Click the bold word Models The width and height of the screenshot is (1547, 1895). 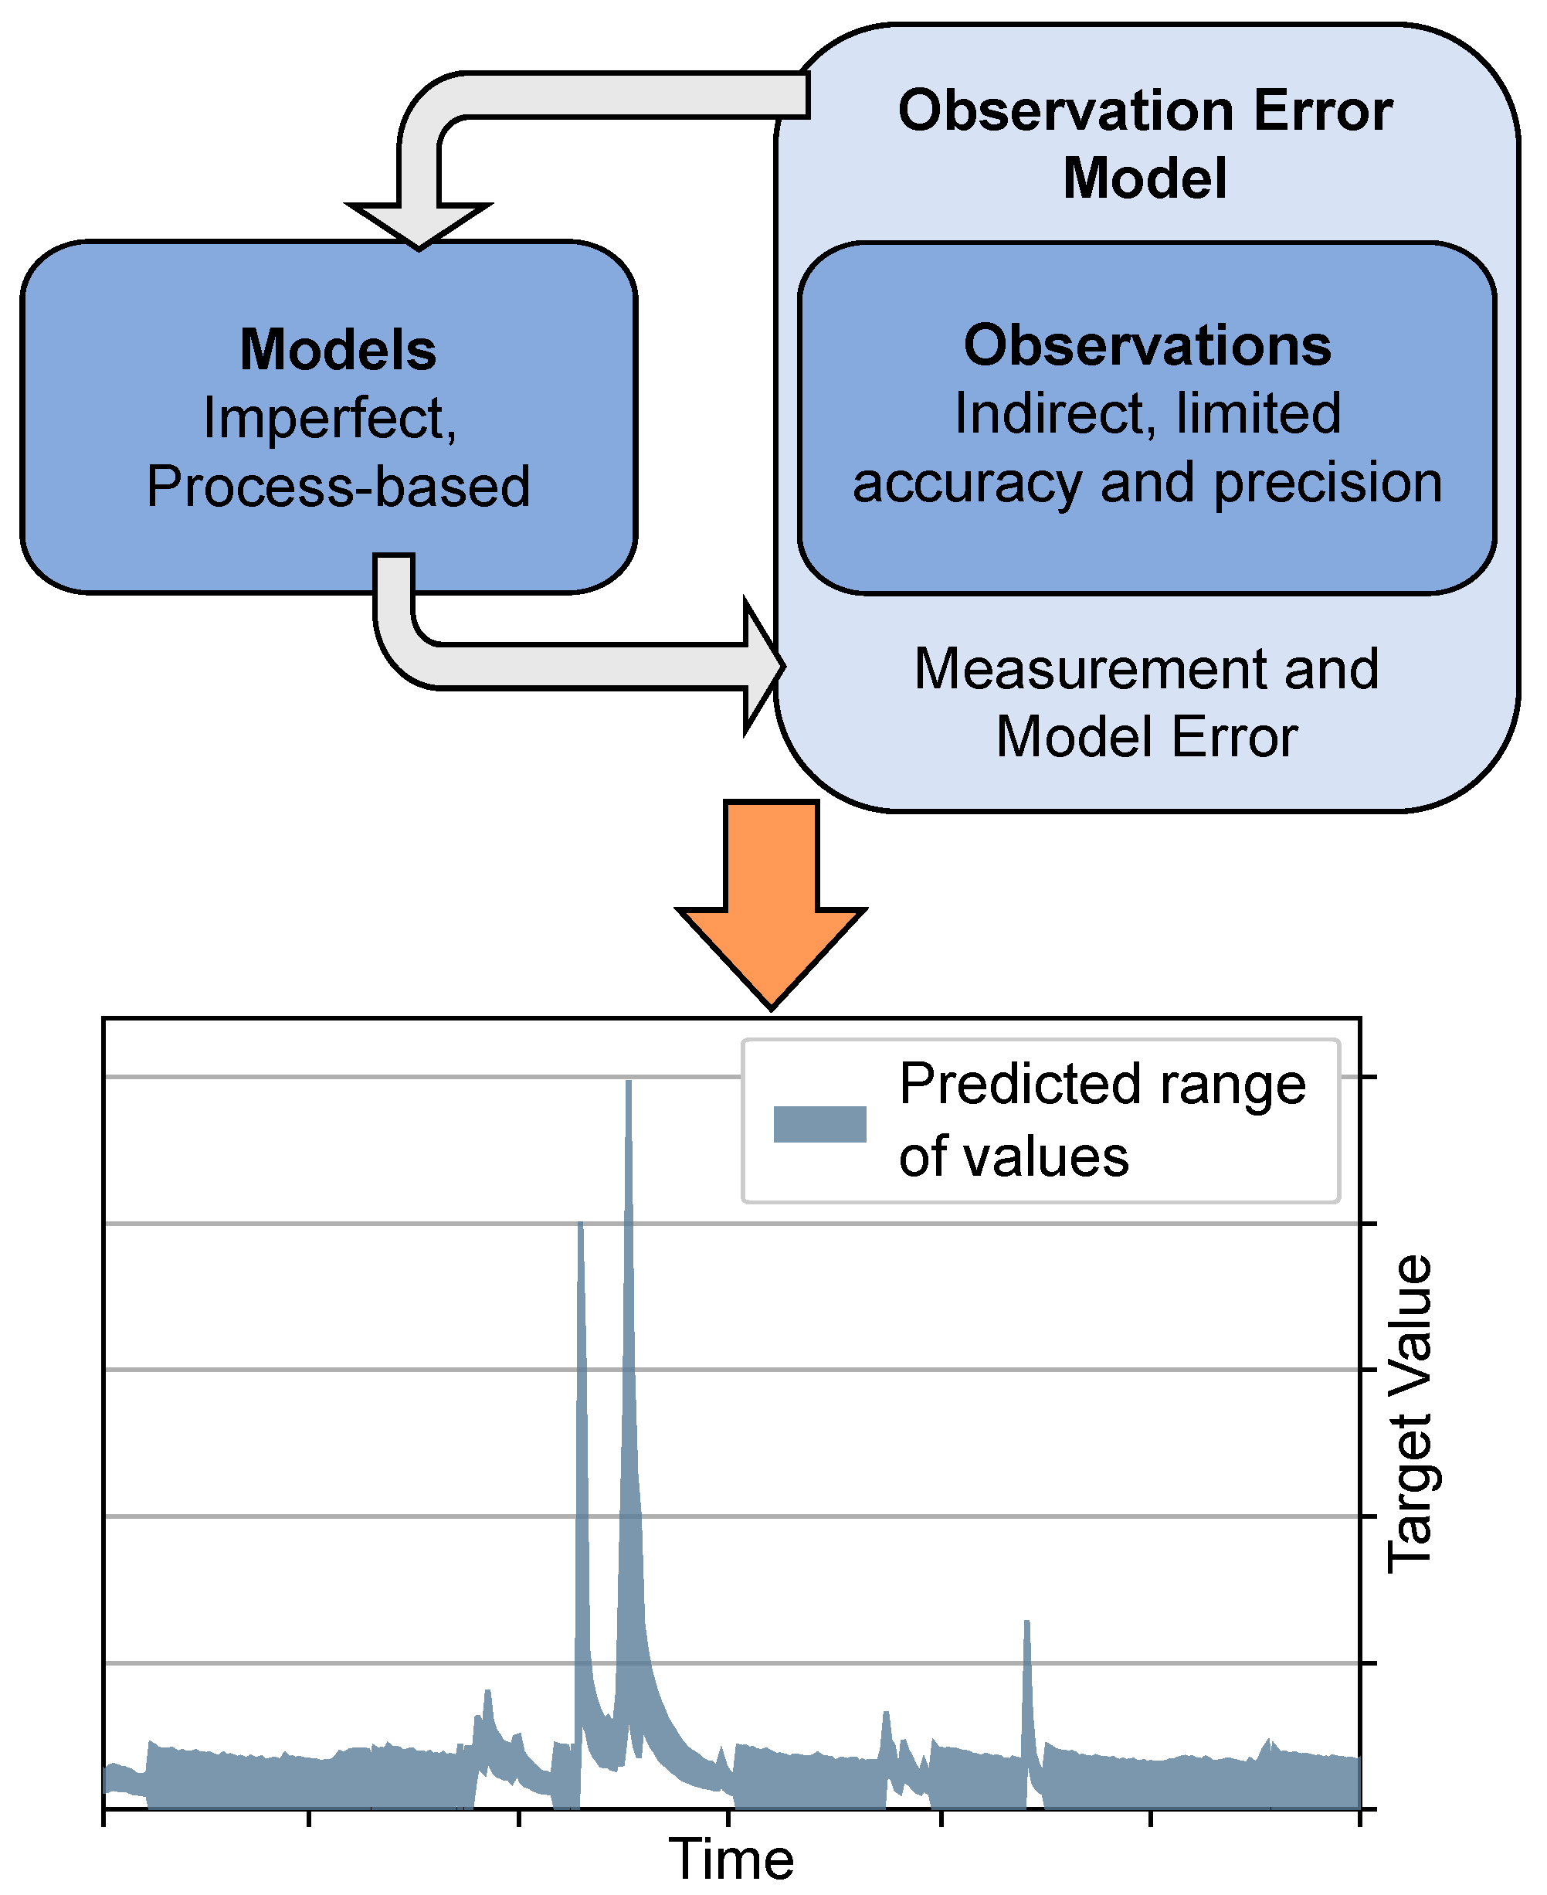coord(338,349)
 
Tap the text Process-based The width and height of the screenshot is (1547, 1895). coord(338,487)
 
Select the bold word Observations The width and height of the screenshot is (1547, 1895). coord(1147,346)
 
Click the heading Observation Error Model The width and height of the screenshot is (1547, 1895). coord(1145,144)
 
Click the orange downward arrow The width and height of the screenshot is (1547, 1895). coord(771,900)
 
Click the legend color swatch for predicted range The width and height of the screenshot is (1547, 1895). coord(819,1124)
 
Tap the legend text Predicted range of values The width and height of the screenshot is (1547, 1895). coord(1101,1119)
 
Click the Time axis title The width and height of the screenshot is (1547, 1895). coord(731,1859)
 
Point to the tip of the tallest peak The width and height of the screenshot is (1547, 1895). coord(628,1083)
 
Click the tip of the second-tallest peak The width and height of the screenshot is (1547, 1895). coord(580,1224)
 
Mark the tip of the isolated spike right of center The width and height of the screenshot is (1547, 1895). coord(1026,1622)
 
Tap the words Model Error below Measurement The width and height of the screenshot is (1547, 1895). coord(1146,737)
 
